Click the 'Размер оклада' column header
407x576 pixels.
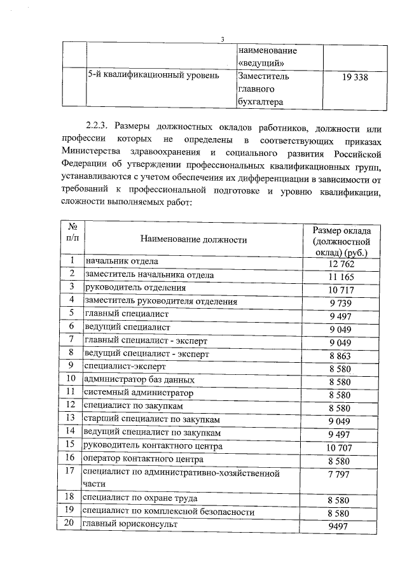point(346,241)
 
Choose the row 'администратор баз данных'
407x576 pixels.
point(139,380)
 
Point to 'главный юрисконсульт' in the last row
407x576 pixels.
point(130,524)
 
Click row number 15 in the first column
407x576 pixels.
point(73,444)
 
